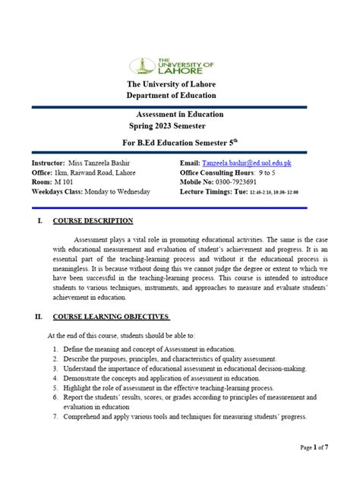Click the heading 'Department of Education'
coord(172,96)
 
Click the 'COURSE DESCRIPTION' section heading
coord(93,221)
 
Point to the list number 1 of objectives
coord(56,347)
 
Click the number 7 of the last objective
coord(56,417)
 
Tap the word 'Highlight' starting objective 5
coord(80,387)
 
